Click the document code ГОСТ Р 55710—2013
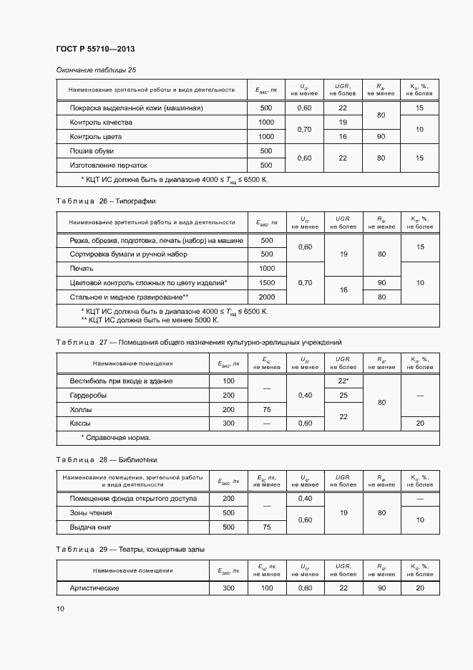(x=95, y=49)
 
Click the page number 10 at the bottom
(x=60, y=608)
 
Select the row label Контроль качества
(x=101, y=123)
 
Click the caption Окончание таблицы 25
(x=96, y=70)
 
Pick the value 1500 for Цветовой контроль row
(x=267, y=283)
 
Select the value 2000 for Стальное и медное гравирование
(x=267, y=297)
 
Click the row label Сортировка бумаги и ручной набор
(x=128, y=254)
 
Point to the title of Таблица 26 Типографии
(x=105, y=201)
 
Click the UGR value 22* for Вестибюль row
(x=343, y=381)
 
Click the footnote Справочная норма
(x=115, y=437)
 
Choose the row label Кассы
(x=80, y=423)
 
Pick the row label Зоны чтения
(x=90, y=513)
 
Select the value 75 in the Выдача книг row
(x=266, y=527)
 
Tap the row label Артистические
(x=94, y=588)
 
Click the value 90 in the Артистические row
(x=381, y=588)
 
